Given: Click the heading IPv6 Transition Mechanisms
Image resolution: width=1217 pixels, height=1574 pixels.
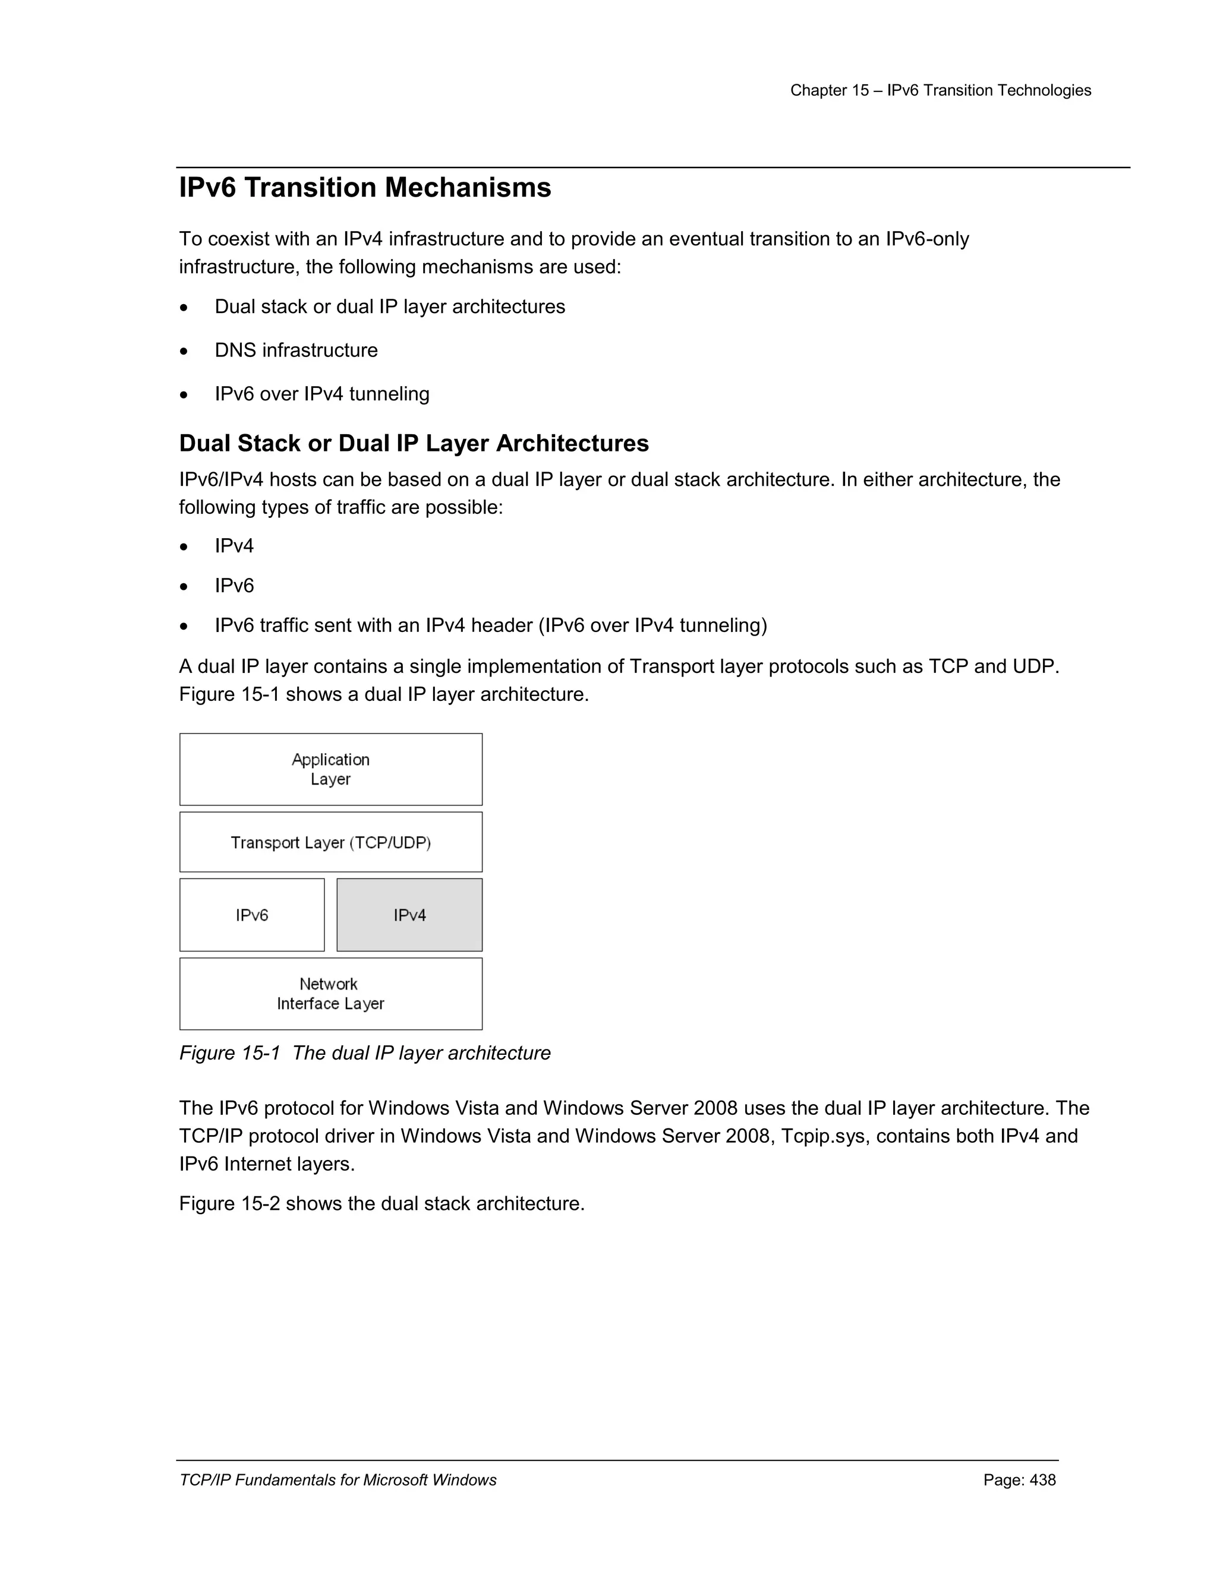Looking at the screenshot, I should pos(365,188).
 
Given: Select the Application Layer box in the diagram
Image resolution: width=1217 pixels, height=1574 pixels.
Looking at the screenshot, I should pos(330,769).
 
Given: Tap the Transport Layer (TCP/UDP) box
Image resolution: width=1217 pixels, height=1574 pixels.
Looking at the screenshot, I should pos(330,842).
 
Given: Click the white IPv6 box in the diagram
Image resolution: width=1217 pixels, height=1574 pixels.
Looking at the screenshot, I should pos(251,915).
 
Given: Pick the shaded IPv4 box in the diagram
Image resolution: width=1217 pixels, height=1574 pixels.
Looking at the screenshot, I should pos(409,915).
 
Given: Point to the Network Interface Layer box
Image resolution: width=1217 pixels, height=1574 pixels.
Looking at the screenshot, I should pos(330,993).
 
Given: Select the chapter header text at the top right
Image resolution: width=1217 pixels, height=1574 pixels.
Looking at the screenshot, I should pos(940,91).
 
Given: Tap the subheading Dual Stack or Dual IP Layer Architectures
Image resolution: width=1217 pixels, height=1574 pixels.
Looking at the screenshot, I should pos(413,443).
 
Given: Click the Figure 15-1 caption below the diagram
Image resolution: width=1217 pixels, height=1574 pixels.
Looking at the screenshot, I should pos(364,1053).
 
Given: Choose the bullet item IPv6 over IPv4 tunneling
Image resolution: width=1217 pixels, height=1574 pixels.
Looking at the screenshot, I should pos(321,394).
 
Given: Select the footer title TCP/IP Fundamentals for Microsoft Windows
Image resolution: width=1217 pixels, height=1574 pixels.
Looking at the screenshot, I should pos(338,1480).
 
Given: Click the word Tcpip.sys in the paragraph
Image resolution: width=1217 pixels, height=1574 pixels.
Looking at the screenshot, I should pos(825,1136).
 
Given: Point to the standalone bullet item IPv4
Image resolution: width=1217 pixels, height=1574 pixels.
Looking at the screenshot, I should pos(234,546).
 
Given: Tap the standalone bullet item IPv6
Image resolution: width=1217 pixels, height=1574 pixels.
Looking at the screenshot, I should pos(234,586).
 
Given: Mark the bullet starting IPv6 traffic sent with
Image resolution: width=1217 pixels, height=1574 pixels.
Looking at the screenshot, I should pos(490,625).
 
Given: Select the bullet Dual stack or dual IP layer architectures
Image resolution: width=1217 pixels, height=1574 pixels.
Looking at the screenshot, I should pos(389,307).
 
